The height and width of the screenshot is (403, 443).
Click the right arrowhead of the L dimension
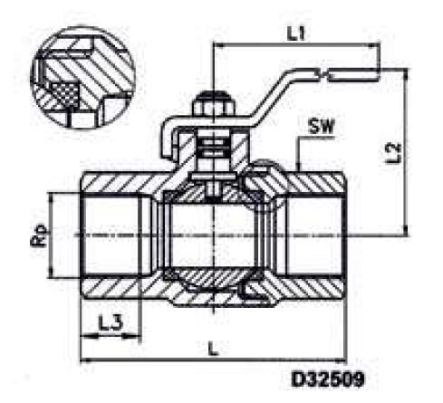(350, 360)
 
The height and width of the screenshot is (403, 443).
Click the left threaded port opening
(113, 238)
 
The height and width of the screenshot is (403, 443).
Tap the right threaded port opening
(317, 238)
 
